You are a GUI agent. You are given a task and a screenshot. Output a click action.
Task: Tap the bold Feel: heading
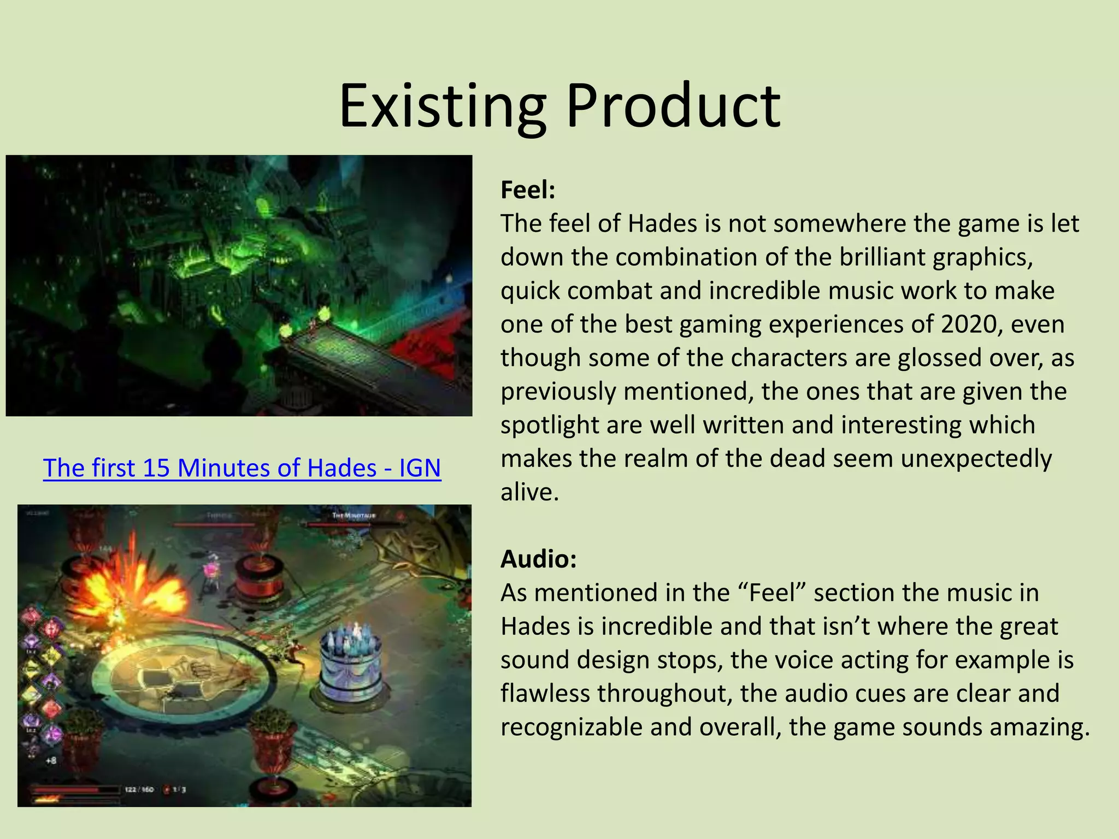pos(528,190)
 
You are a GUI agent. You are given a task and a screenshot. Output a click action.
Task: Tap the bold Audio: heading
pos(539,559)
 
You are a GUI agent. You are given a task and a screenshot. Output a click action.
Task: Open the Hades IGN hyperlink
pos(242,468)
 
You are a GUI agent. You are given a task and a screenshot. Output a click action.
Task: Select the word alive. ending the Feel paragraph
pos(529,492)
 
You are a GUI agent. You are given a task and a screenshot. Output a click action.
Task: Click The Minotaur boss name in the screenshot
pos(354,516)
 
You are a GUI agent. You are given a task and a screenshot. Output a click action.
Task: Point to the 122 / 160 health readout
pos(139,790)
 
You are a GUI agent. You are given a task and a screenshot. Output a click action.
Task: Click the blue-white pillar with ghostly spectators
pos(350,661)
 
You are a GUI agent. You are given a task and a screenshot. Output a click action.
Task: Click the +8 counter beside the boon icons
pos(51,760)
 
